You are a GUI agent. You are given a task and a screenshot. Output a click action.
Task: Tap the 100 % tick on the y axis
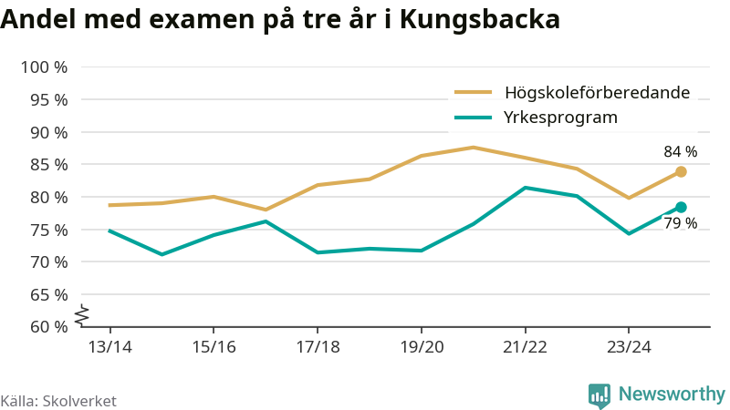pyautogui.click(x=44, y=67)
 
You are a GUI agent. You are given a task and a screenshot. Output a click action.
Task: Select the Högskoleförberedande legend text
pyautogui.click(x=597, y=92)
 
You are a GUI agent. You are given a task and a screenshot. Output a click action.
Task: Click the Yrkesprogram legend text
pyautogui.click(x=561, y=117)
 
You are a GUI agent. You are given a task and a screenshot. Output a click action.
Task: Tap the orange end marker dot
pyautogui.click(x=681, y=171)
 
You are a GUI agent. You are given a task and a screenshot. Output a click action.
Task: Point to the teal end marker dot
pyautogui.click(x=681, y=207)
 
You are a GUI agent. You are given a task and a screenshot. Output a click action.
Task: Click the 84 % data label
pyautogui.click(x=680, y=152)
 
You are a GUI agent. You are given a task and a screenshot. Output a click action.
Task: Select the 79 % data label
pyautogui.click(x=680, y=223)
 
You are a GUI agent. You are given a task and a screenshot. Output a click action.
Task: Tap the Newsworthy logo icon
pyautogui.click(x=600, y=395)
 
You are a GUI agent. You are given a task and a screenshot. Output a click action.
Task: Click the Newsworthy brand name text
pyautogui.click(x=672, y=395)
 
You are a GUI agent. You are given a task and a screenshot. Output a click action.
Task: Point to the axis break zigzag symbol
pyautogui.click(x=81, y=314)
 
